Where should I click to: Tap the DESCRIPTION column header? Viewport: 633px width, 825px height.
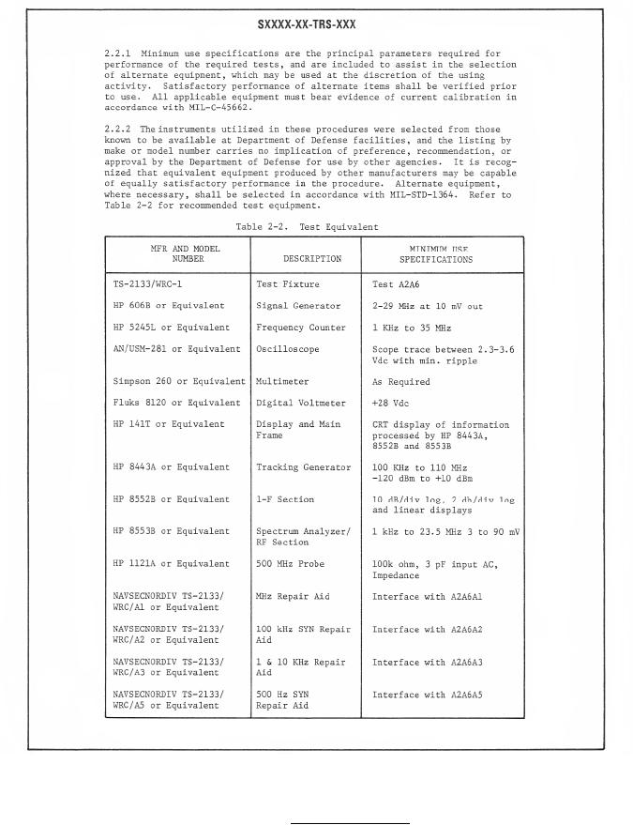[311, 258]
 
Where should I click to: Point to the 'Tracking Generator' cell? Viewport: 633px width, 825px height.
[303, 466]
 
